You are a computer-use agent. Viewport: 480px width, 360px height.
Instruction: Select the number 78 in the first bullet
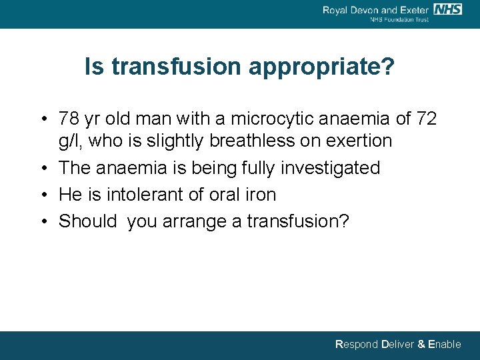point(69,119)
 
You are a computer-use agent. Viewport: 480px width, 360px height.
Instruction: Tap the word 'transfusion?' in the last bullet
point(298,221)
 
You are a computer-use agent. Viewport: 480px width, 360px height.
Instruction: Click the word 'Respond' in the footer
point(357,345)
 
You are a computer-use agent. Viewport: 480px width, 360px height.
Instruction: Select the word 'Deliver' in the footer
point(397,345)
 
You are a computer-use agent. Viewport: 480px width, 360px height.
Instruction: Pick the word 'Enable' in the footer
point(445,345)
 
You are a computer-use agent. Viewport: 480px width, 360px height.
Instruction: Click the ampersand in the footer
point(421,345)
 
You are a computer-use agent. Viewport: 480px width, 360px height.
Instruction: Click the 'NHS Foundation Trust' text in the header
point(399,19)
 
